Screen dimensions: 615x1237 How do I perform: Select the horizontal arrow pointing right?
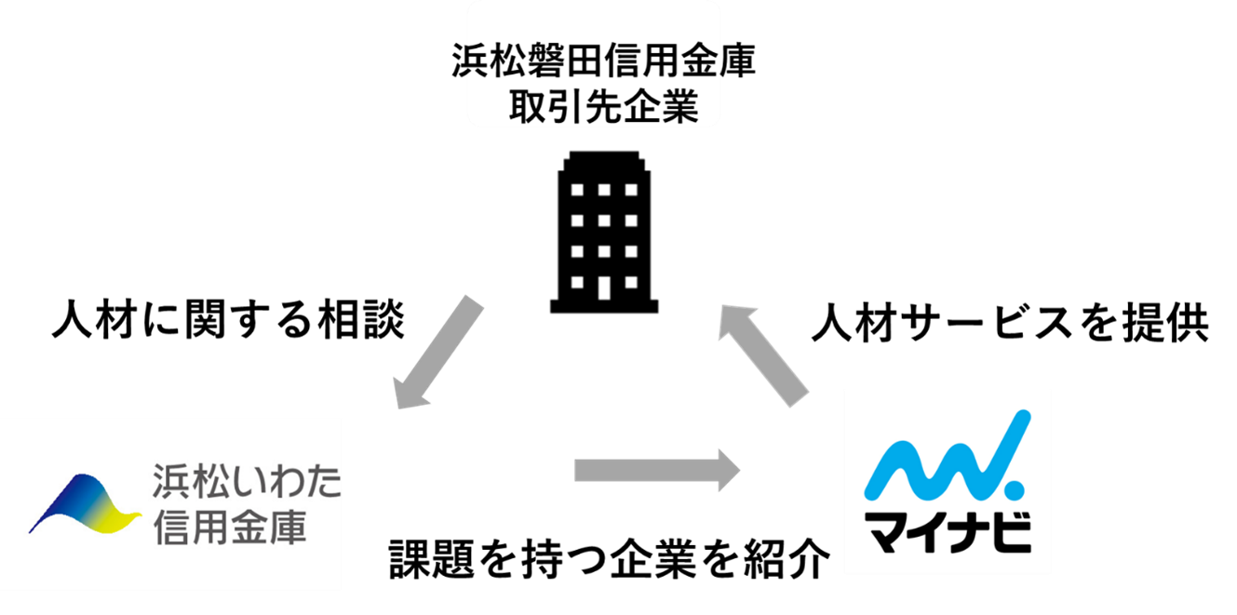(x=655, y=471)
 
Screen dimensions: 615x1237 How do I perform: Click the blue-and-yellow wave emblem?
(x=85, y=506)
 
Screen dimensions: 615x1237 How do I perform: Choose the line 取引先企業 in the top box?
(x=602, y=108)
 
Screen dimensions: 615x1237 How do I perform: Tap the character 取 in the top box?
(x=527, y=108)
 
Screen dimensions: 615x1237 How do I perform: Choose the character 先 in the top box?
(x=602, y=108)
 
